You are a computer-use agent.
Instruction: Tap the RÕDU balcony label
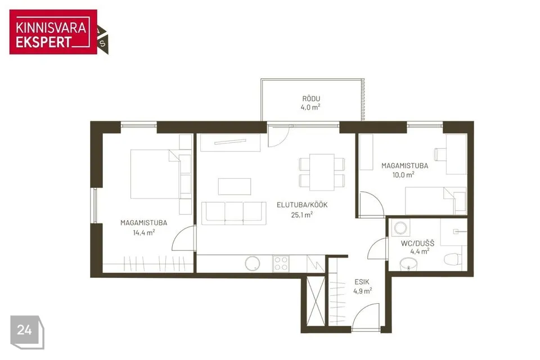pos(311,99)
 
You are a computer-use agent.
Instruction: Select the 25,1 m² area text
pos(301,215)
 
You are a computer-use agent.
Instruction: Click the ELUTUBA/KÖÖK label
pos(302,205)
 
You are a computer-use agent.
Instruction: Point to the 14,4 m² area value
pos(143,232)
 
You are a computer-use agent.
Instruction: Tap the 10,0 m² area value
pos(403,175)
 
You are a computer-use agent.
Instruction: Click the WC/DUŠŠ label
pos(417,243)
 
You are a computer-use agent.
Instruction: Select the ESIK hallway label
pos(362,282)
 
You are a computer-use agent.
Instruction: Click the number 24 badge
pos(27,332)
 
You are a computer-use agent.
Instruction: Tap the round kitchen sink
pos(253,264)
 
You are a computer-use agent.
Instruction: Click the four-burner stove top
pos(281,264)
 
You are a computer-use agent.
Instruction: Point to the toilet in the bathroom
pos(453,259)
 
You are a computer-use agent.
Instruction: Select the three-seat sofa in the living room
pos(234,213)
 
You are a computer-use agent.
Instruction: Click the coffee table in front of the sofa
pos(235,186)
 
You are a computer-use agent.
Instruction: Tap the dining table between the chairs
pos(322,172)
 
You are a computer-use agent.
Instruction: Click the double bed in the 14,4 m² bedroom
pos(155,174)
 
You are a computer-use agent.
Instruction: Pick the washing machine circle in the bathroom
pos(400,228)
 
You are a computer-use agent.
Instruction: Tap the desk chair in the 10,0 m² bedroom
pos(440,154)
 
